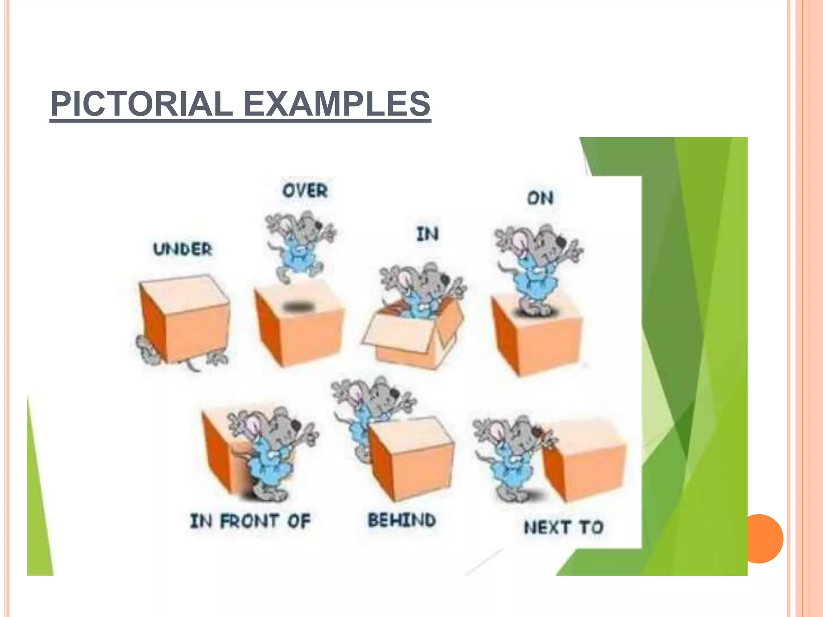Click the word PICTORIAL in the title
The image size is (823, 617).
pyautogui.click(x=141, y=104)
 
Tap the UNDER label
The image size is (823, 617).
pyautogui.click(x=182, y=249)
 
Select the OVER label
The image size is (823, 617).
pyautogui.click(x=305, y=190)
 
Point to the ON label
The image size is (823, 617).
pyautogui.click(x=540, y=198)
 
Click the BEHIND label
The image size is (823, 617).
pyautogui.click(x=402, y=520)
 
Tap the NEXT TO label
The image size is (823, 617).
pyautogui.click(x=564, y=527)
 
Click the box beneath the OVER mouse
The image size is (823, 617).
pyautogui.click(x=299, y=327)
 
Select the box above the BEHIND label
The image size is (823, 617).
pyautogui.click(x=412, y=458)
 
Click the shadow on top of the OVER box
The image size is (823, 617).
pyautogui.click(x=299, y=307)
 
